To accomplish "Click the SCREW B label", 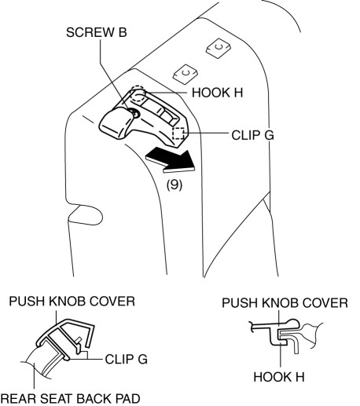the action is click(97, 32).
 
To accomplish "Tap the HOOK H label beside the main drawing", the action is click(218, 93).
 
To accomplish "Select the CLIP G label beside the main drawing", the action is click(253, 135).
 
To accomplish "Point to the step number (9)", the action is click(174, 185).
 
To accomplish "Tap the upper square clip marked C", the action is click(219, 48).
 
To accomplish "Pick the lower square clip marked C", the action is click(186, 74).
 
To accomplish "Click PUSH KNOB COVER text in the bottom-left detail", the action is click(72, 302).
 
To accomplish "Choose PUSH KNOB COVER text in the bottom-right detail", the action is click(285, 303).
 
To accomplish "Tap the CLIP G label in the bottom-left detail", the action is click(127, 359).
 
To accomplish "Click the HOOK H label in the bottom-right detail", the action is click(279, 377).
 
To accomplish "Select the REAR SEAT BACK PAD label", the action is click(71, 399).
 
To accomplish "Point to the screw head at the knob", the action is click(136, 113).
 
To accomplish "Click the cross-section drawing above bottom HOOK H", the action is click(286, 336).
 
